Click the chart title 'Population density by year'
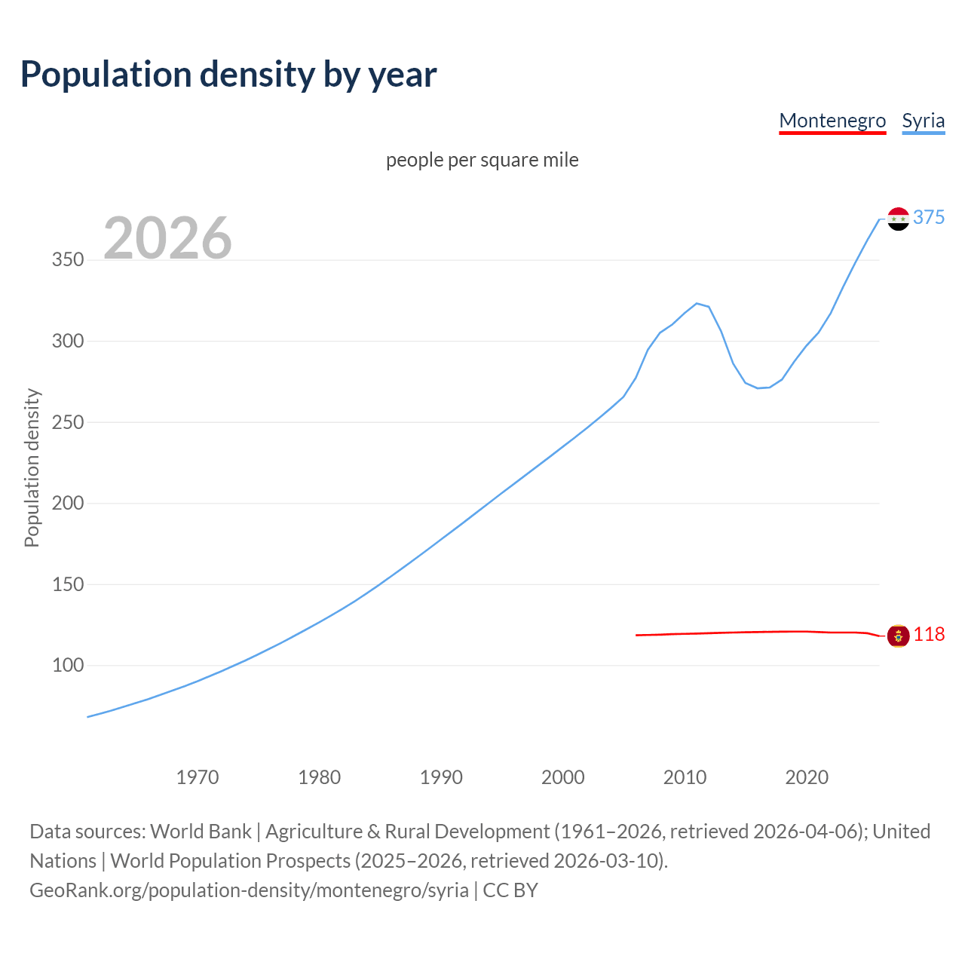tap(228, 75)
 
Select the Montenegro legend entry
tap(832, 121)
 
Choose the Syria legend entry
tap(923, 121)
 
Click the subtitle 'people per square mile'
tap(482, 160)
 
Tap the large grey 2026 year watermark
tap(167, 238)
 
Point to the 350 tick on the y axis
tap(68, 260)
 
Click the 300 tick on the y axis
tap(68, 341)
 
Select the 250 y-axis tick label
tap(68, 422)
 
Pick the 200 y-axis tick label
tap(68, 503)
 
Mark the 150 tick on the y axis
tap(68, 584)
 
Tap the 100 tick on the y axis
tap(68, 666)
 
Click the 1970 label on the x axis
tap(198, 777)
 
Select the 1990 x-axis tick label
tap(441, 777)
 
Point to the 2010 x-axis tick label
tap(685, 777)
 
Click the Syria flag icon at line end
tap(898, 219)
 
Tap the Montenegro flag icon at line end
tap(898, 636)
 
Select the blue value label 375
tap(929, 218)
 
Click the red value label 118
tap(929, 635)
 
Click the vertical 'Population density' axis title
tap(32, 467)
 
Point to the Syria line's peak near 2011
tap(697, 303)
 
